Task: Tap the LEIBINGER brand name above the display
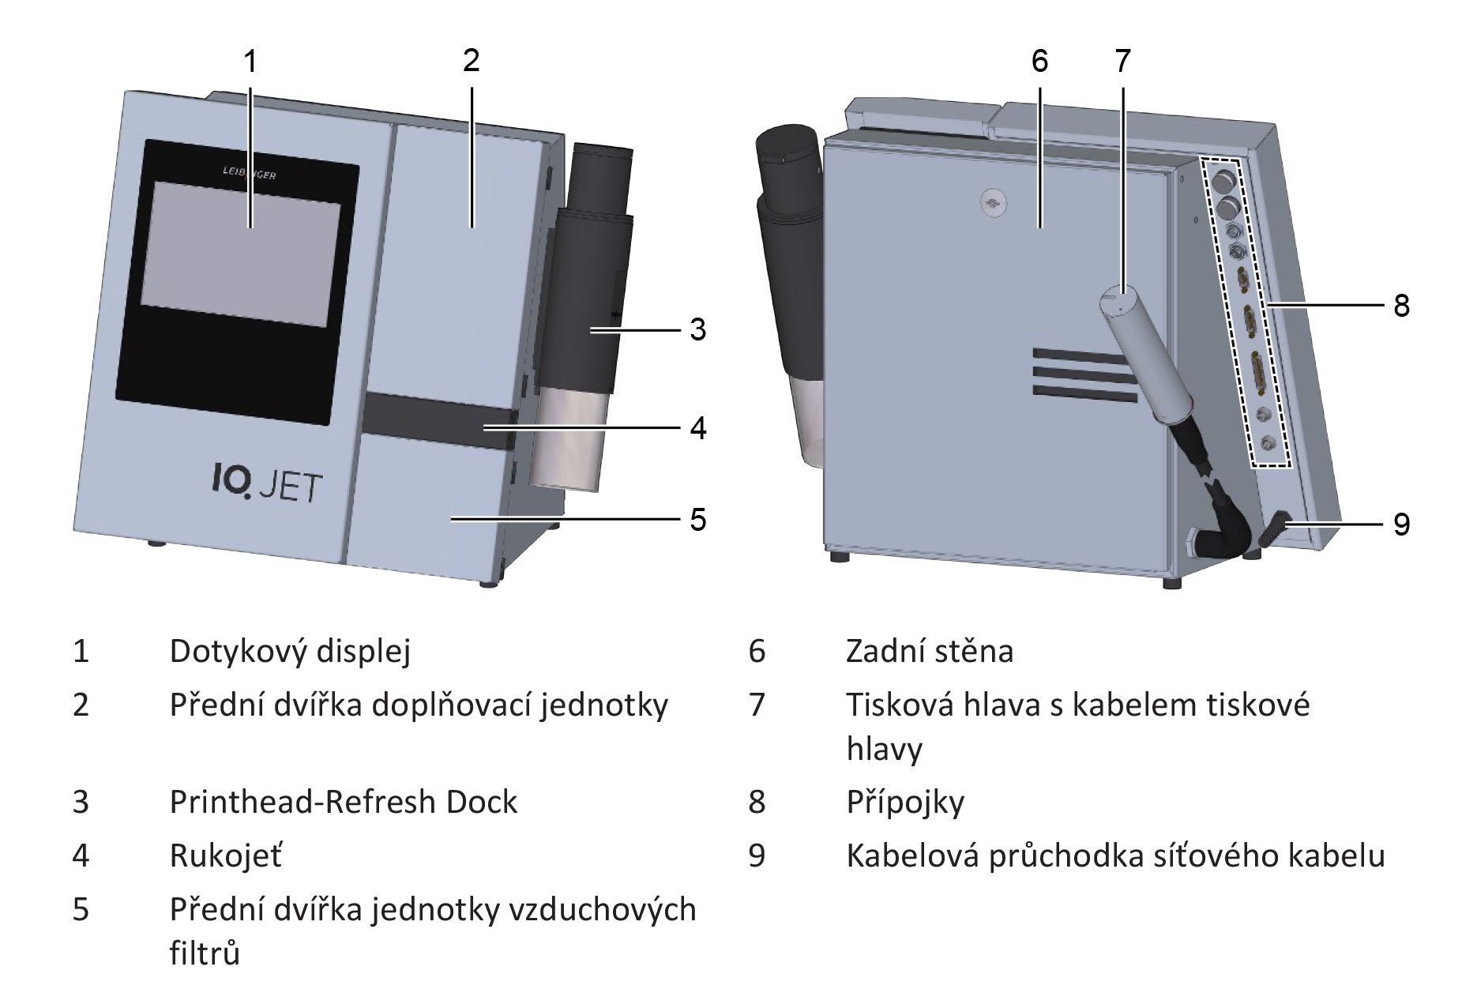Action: pyautogui.click(x=246, y=174)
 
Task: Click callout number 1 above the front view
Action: pyautogui.click(x=250, y=61)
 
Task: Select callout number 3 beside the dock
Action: pyautogui.click(x=697, y=329)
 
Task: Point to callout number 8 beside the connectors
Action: pyautogui.click(x=1401, y=305)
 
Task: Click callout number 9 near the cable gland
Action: pyautogui.click(x=1401, y=524)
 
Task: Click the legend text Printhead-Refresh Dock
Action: pyautogui.click(x=344, y=802)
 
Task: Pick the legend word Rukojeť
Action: pyautogui.click(x=226, y=855)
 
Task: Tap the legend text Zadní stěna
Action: pyautogui.click(x=929, y=652)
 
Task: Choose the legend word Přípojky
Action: pyautogui.click(x=905, y=803)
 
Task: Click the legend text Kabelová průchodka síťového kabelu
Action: pyautogui.click(x=1115, y=855)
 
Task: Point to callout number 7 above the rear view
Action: pyautogui.click(x=1122, y=61)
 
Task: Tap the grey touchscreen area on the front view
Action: pyautogui.click(x=241, y=253)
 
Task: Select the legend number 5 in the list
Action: pyautogui.click(x=81, y=910)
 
